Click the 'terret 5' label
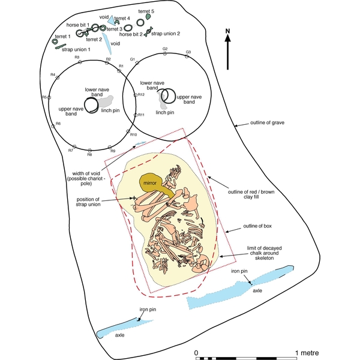[146, 11]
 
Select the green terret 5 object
[148, 19]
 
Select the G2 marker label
[165, 49]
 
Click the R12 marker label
[142, 95]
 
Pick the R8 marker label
[89, 155]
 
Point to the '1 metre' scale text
[307, 352]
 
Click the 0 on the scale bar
[196, 352]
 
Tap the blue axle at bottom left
[120, 329]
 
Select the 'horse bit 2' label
[131, 35]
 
